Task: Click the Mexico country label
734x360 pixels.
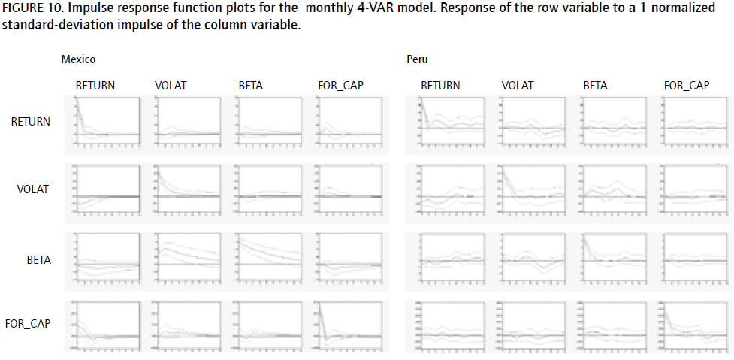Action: pos(78,59)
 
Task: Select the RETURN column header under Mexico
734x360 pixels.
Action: pos(95,86)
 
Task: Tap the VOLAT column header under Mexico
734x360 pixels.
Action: pos(171,86)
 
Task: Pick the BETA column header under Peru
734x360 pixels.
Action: pos(595,86)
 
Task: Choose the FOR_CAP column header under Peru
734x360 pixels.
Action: pos(686,86)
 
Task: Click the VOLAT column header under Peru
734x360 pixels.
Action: pos(518,86)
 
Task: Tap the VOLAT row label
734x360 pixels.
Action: pos(34,189)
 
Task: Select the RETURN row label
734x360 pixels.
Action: pos(31,121)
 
